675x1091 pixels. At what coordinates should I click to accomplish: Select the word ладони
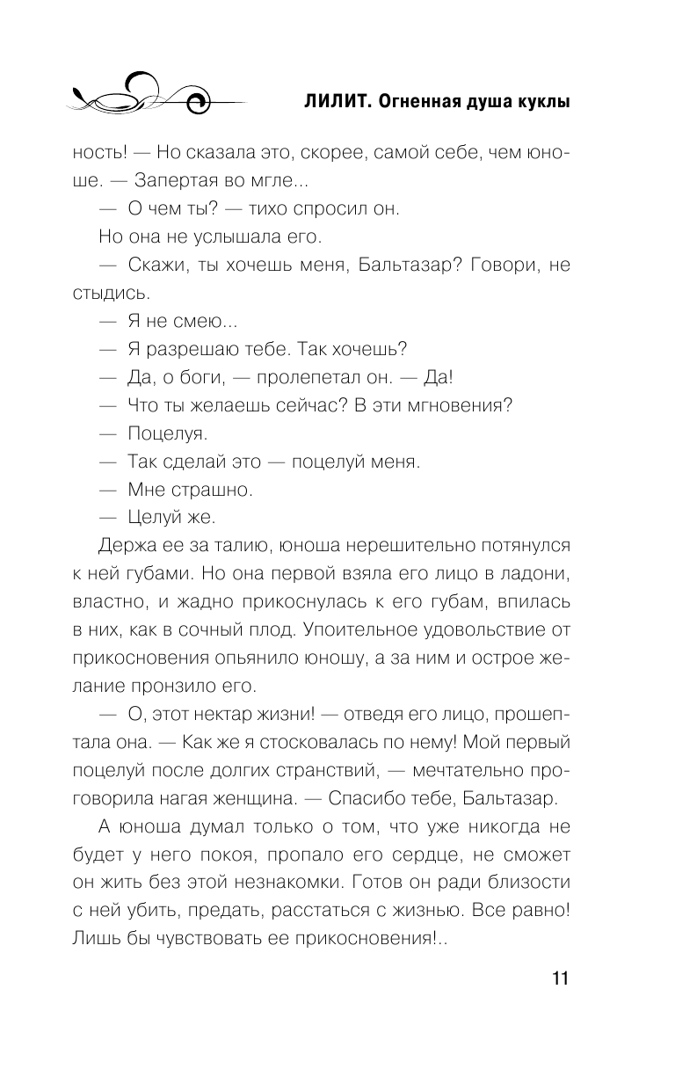(x=535, y=573)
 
